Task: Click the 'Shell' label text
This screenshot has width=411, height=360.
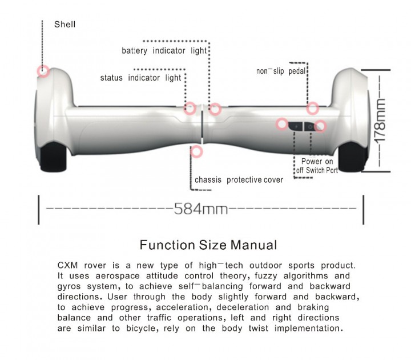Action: [x=65, y=25]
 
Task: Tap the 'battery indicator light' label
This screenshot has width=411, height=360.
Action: [x=164, y=50]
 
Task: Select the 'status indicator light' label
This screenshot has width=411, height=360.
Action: [x=141, y=78]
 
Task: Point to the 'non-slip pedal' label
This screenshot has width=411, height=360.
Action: [x=281, y=71]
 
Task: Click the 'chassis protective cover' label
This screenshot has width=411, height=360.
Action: [x=239, y=180]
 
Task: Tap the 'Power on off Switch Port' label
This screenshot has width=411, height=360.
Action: [x=317, y=166]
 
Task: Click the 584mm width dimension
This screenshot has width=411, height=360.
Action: [x=201, y=209]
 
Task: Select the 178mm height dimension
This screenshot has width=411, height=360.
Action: [x=381, y=121]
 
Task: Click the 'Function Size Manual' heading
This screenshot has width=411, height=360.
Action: [x=208, y=245]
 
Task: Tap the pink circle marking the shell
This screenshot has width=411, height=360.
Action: [x=43, y=71]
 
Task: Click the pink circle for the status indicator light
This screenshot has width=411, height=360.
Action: [x=190, y=108]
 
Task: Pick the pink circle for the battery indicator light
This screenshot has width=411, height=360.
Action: [x=215, y=109]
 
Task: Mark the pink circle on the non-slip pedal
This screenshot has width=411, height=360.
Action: [x=312, y=108]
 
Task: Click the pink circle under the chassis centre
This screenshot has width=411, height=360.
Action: [x=196, y=151]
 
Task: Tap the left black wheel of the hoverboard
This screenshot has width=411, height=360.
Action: [x=53, y=157]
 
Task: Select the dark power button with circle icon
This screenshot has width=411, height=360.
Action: [x=311, y=126]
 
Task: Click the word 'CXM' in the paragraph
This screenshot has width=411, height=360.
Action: [x=67, y=265]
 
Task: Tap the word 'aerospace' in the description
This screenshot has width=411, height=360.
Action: [x=118, y=276]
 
